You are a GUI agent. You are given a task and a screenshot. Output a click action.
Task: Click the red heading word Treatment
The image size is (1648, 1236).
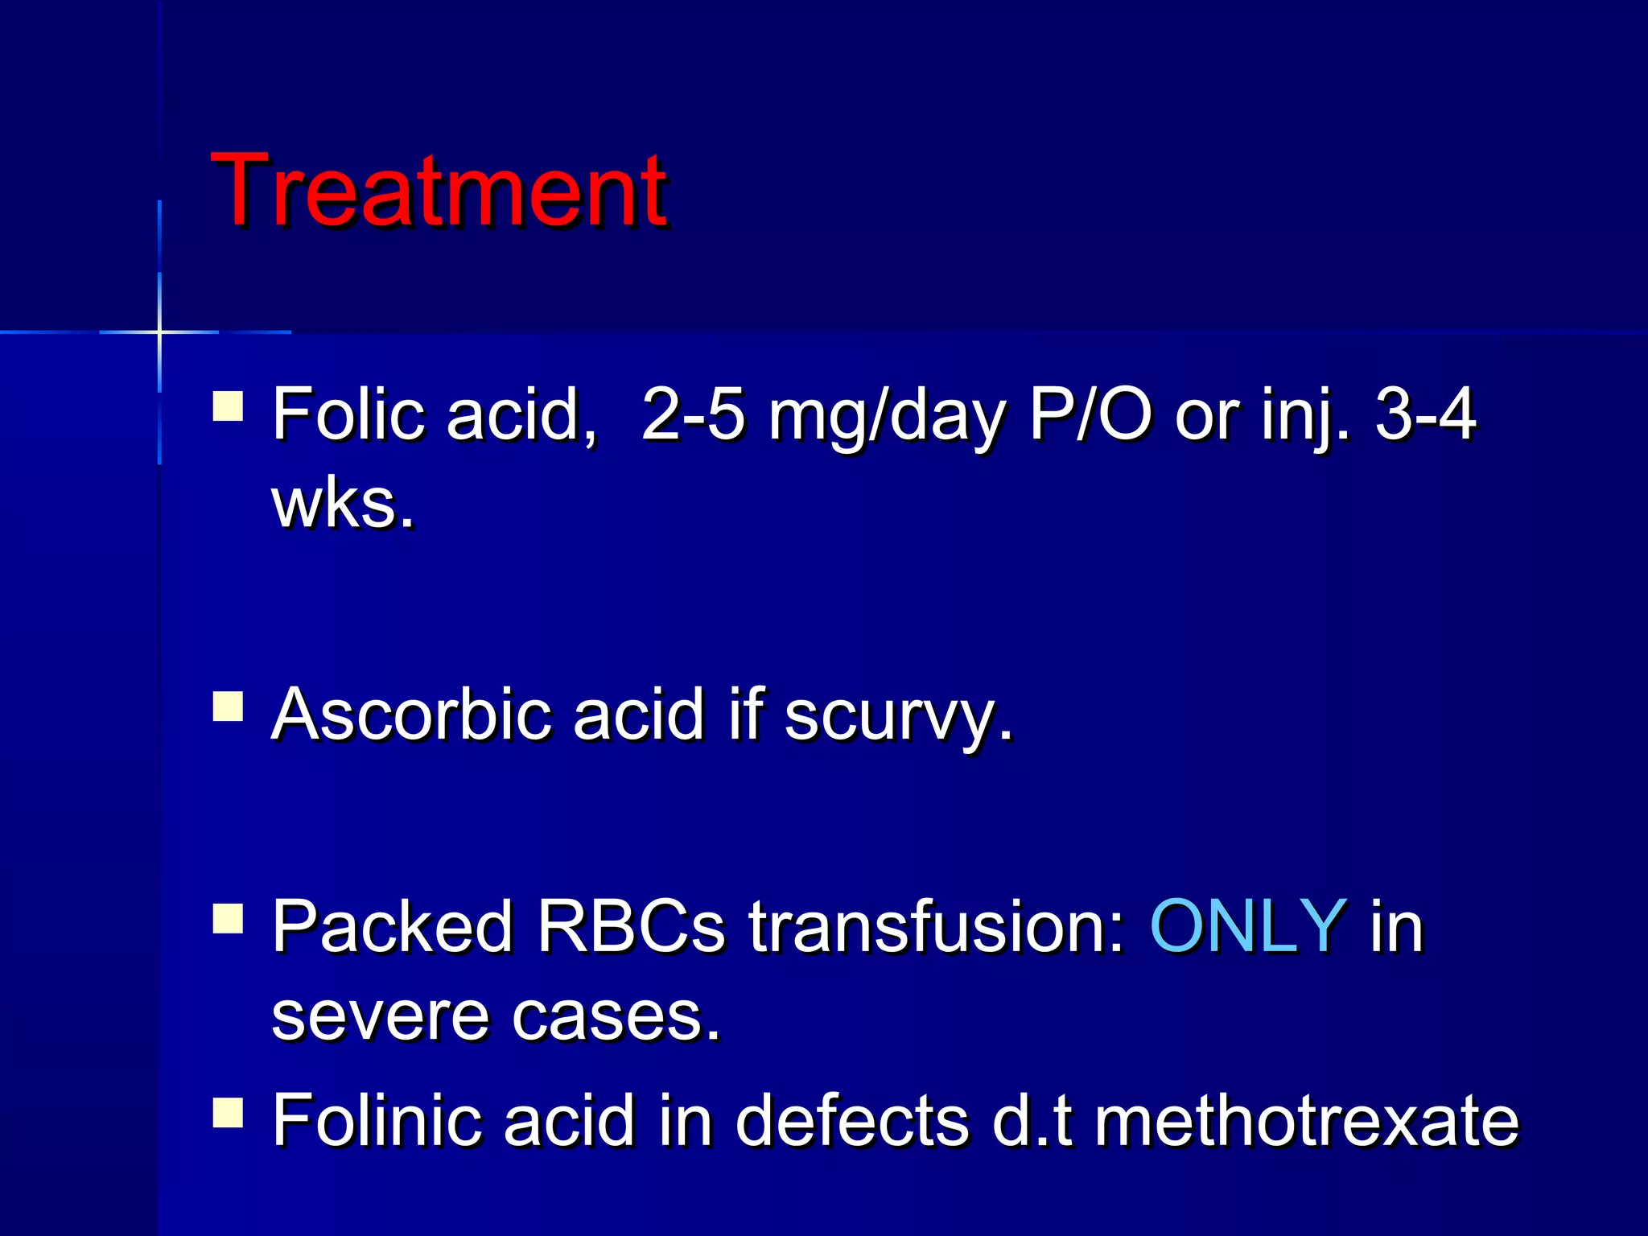click(439, 191)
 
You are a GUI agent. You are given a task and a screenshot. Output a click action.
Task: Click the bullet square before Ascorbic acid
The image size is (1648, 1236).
click(228, 706)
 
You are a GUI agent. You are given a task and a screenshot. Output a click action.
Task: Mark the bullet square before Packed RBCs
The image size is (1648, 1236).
click(228, 918)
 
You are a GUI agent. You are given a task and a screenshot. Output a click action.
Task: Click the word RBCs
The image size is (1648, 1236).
click(631, 926)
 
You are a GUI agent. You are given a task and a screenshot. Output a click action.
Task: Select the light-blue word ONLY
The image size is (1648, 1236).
click(1248, 926)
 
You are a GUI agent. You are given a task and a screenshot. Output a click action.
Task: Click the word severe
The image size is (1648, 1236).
click(379, 1016)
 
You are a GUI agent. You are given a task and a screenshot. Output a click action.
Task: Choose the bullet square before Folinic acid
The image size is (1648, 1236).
click(228, 1113)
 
